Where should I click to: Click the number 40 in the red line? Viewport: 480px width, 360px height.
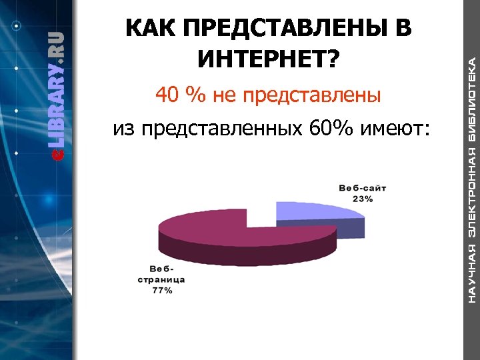168,96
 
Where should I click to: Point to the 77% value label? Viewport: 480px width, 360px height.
162,290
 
